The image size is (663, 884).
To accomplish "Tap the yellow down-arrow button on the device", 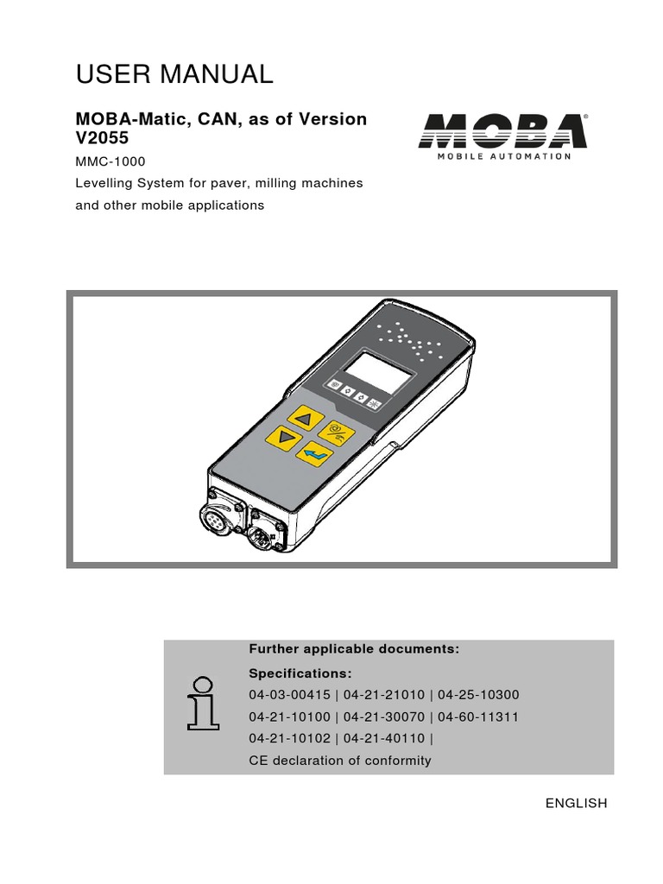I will pos(281,438).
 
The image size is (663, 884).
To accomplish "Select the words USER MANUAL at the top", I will pos(174,75).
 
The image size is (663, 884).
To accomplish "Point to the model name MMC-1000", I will pos(110,161).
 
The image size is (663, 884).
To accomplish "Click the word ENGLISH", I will pos(576,803).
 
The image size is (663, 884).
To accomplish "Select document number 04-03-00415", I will pos(290,695).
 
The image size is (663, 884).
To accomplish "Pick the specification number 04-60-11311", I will pos(479,717).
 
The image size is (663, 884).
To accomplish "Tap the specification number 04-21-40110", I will pos(384,739).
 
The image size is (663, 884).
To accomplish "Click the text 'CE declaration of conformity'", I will pos(339,761).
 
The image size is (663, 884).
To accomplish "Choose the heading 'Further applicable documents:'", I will pos(354,649).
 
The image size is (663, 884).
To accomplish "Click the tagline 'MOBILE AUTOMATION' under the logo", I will pos(503,157).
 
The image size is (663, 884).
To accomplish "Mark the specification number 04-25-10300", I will pos(479,695).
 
